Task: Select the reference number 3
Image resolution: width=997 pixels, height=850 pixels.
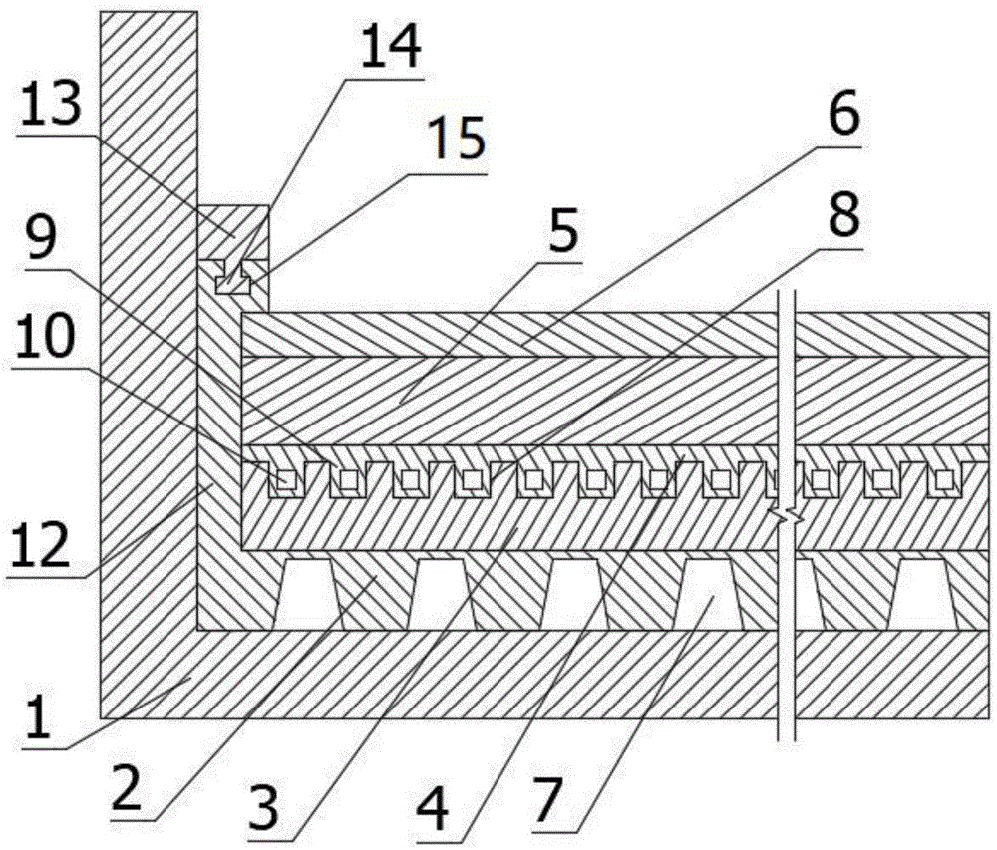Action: [264, 806]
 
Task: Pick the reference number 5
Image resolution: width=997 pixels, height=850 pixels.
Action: [562, 230]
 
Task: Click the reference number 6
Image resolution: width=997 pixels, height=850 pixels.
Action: [843, 114]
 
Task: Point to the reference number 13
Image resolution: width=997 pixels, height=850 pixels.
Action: [51, 105]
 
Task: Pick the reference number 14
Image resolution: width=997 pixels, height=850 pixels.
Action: [391, 47]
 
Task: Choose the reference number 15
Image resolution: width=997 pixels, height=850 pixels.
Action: [456, 139]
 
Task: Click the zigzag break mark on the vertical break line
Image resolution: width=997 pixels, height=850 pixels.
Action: [788, 518]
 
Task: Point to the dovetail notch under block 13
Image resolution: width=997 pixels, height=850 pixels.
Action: [233, 278]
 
